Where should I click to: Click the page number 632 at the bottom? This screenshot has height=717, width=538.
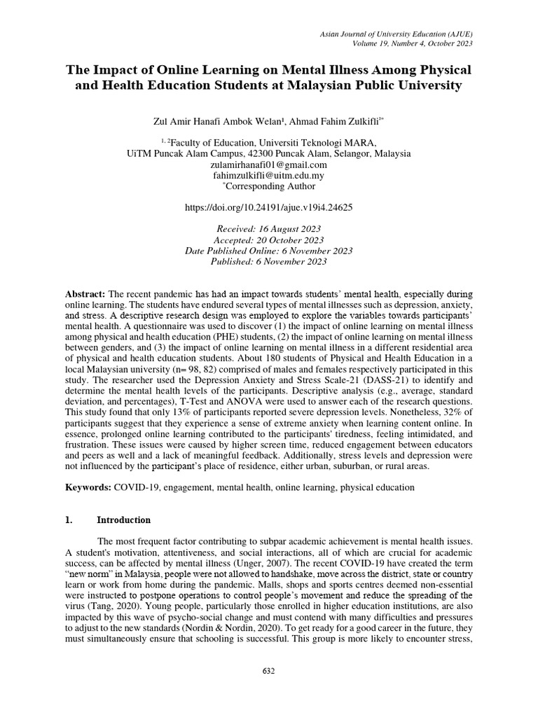268,671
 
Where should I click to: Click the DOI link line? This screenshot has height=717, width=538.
268,208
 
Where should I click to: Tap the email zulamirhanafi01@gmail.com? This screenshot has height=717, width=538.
268,165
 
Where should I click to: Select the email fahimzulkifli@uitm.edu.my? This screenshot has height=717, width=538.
268,176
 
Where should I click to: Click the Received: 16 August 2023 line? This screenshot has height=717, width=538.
268,229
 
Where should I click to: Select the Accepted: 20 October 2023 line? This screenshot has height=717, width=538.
268,239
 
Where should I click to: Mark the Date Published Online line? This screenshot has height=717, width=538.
268,251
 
